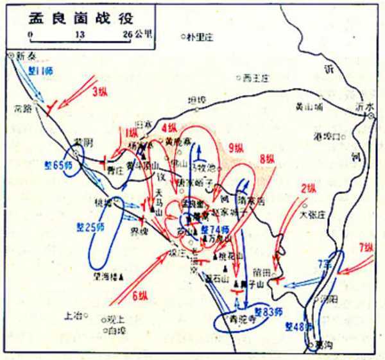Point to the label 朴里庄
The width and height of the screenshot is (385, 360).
pos(199,37)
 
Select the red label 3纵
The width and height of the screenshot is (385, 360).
pos(100,91)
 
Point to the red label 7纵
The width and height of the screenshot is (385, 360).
pos(366,246)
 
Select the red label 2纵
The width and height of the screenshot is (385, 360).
pos(309,188)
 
